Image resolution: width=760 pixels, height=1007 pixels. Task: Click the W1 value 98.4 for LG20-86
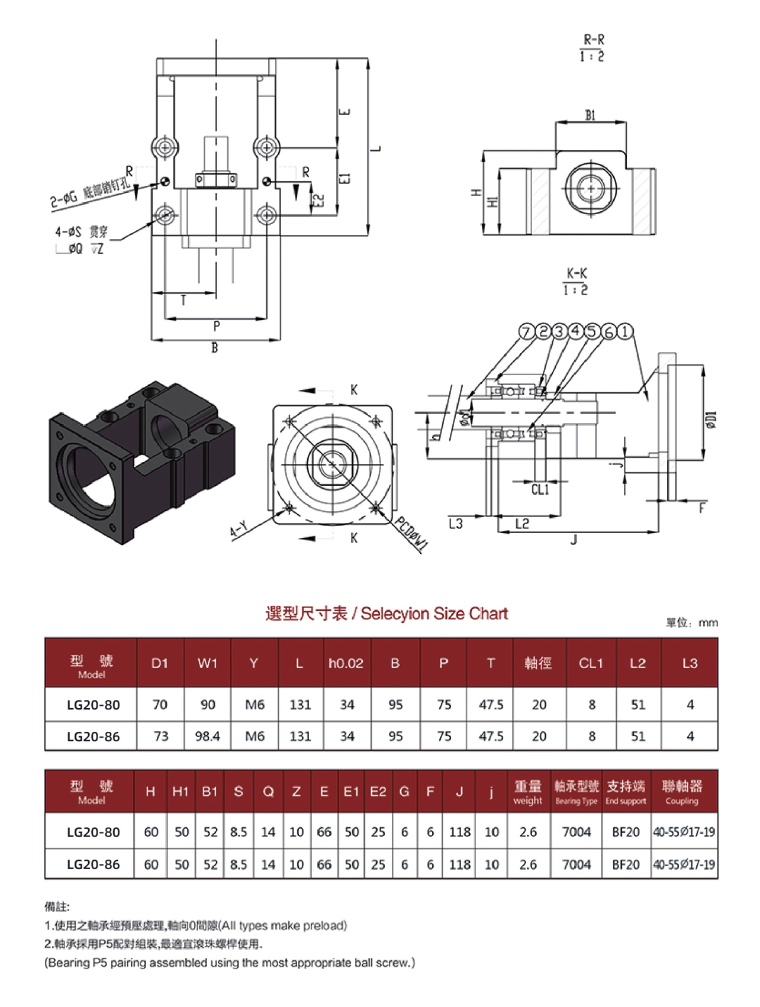(207, 736)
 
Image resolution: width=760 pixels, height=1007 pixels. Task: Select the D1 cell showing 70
(160, 704)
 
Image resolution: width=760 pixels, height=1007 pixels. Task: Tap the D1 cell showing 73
(160, 736)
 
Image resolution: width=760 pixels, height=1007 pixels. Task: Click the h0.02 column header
(346, 663)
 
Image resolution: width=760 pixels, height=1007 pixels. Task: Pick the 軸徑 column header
(538, 663)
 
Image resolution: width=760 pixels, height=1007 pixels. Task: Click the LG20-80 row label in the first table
(93, 705)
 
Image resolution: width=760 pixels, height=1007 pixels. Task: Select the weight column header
(527, 792)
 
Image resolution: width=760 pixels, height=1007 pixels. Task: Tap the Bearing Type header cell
(577, 792)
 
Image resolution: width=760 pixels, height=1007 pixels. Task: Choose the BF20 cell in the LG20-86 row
(626, 864)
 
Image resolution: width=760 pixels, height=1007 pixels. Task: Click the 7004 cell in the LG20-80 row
(577, 832)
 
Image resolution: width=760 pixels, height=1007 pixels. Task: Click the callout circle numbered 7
(526, 332)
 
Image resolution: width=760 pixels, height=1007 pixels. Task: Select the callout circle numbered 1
(625, 332)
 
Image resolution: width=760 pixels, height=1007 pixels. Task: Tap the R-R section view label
(592, 48)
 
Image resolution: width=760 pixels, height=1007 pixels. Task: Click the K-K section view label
(576, 282)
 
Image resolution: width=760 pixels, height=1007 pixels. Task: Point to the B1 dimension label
(590, 115)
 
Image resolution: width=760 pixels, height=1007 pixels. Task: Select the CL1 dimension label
(540, 489)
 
